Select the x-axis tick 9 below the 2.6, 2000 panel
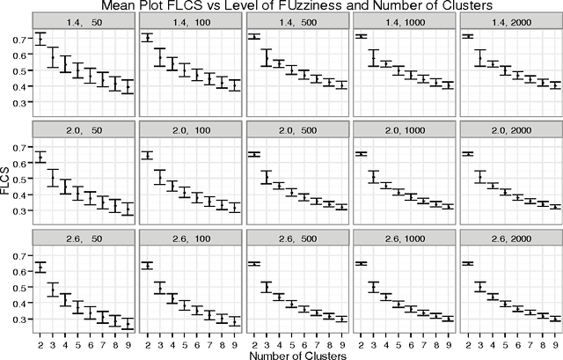point(555,340)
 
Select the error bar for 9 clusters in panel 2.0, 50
point(128,209)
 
